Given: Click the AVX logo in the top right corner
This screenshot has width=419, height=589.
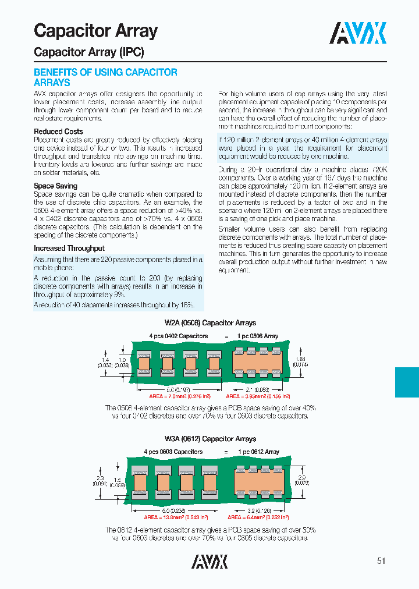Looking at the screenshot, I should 358,33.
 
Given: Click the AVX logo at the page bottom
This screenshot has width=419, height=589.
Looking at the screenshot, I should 210,560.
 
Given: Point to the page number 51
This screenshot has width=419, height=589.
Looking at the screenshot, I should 381,561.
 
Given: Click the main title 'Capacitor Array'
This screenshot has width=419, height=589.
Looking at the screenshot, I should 95,31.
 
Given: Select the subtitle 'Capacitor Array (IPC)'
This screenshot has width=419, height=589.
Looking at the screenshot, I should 88,52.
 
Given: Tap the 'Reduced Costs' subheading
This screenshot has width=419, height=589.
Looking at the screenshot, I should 58,132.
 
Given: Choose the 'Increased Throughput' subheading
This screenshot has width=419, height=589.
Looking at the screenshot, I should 69,248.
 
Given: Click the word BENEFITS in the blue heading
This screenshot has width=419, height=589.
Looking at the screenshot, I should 56,72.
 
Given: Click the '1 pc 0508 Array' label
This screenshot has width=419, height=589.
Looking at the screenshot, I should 258,336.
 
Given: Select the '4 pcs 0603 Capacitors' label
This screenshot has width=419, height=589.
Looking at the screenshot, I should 173,452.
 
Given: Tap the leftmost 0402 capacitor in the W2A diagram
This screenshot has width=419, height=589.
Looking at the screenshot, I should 144,363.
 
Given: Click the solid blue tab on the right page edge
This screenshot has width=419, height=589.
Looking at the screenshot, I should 407,382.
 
